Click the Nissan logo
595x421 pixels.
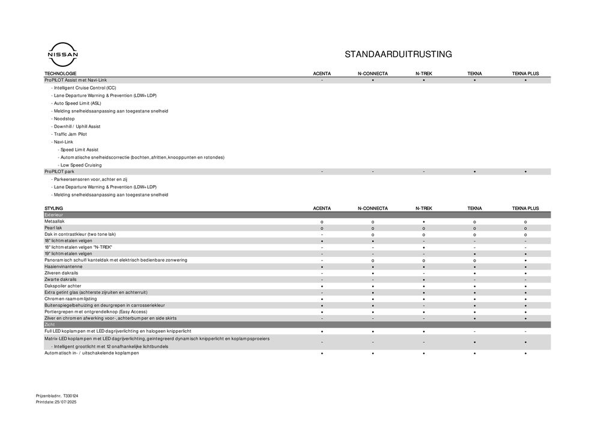[x=62, y=55]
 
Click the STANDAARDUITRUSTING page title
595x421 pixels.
[x=398, y=54]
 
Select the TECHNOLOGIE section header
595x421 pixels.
[x=61, y=73]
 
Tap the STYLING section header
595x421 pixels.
[x=53, y=208]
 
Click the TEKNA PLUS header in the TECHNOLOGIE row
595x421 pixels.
[x=525, y=73]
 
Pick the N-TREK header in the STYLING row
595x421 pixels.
[x=424, y=208]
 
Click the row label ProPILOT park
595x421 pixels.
[x=59, y=171]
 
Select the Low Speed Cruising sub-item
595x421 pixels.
[x=80, y=165]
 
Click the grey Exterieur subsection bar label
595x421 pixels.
[x=54, y=215]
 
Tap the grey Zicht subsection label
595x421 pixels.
[x=50, y=325]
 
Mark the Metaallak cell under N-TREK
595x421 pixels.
[x=424, y=222]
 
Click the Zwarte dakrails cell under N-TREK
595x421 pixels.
[x=424, y=280]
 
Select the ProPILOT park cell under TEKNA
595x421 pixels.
[x=474, y=171]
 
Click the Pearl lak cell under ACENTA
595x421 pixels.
[x=322, y=229]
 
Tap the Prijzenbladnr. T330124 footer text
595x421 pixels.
[x=57, y=395]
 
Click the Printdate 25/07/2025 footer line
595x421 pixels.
[x=56, y=401]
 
